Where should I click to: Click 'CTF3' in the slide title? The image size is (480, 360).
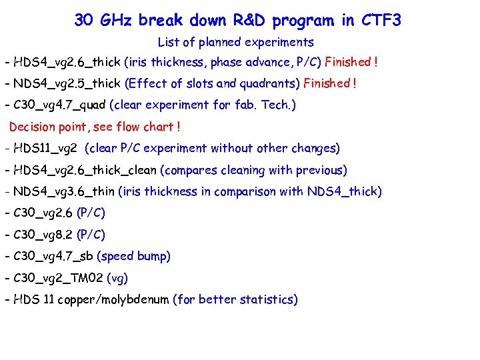[x=381, y=21]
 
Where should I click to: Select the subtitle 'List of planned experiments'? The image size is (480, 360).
[x=235, y=43]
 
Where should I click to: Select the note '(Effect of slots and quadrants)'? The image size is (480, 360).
[x=213, y=83]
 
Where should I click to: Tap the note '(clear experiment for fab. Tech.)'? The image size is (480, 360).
[x=203, y=105]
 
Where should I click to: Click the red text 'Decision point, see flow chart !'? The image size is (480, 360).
[x=95, y=127]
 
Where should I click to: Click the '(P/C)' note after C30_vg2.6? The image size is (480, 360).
[x=91, y=213]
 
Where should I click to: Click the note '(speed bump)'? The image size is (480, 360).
[x=134, y=257]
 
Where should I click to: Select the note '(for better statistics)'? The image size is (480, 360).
[x=235, y=300]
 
